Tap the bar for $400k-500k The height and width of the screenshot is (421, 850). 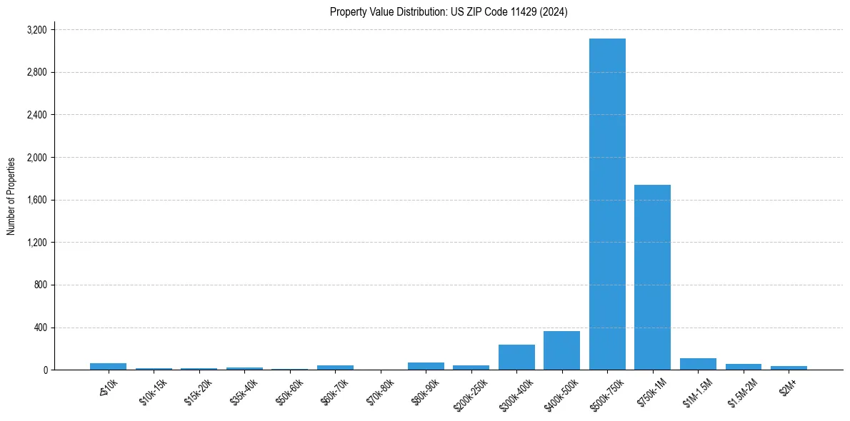[x=561, y=350]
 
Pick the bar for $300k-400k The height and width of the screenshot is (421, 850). [x=516, y=357]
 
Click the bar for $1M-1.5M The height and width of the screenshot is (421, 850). [x=698, y=364]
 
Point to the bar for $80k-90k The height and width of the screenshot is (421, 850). [x=426, y=366]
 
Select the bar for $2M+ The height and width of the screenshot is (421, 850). [x=789, y=367]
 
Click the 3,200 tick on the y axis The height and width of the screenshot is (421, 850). [x=36, y=30]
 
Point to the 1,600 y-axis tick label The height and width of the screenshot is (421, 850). [x=36, y=200]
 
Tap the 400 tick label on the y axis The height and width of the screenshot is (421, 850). [x=40, y=328]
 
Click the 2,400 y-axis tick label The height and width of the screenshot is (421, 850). [x=36, y=115]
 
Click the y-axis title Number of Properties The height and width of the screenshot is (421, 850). [x=11, y=196]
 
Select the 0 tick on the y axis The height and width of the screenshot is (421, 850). [x=46, y=370]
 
